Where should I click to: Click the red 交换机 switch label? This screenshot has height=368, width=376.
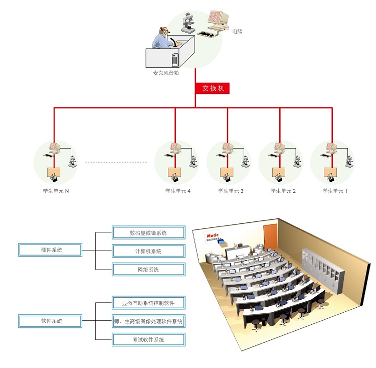pyautogui.click(x=213, y=88)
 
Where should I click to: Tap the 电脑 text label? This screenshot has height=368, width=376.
pyautogui.click(x=237, y=32)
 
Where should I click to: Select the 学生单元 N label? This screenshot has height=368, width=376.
pyautogui.click(x=56, y=191)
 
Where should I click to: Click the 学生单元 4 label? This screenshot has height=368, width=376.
pyautogui.click(x=178, y=191)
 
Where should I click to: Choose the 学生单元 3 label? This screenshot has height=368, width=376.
pyautogui.click(x=231, y=191)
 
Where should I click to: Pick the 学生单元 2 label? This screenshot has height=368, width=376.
pyautogui.click(x=283, y=191)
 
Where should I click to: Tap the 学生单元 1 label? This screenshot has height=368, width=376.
pyautogui.click(x=335, y=191)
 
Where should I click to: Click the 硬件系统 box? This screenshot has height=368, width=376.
pyautogui.click(x=50, y=250)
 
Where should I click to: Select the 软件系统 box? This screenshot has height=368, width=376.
pyautogui.click(x=50, y=320)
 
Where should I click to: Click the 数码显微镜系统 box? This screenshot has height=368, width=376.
pyautogui.click(x=148, y=232)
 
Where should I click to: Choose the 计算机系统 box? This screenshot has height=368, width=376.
pyautogui.click(x=148, y=251)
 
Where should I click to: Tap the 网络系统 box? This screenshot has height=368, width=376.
pyautogui.click(x=148, y=270)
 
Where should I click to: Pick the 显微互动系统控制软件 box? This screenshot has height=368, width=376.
pyautogui.click(x=148, y=303)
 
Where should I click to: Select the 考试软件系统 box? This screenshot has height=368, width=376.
pyautogui.click(x=148, y=340)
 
